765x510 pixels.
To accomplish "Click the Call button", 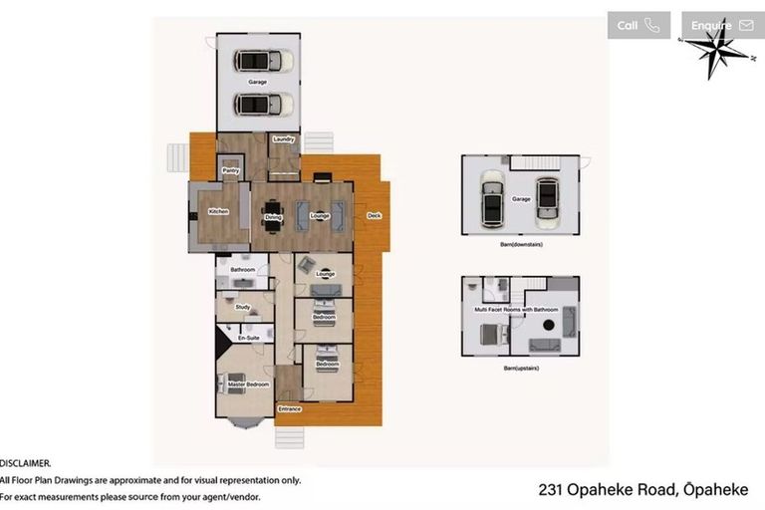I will (637, 26).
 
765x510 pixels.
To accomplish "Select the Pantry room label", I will (230, 170).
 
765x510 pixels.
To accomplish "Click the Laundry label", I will (283, 139).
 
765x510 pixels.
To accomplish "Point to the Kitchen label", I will (218, 212).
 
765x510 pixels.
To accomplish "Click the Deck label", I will (374, 215).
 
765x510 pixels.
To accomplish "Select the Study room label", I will (242, 307).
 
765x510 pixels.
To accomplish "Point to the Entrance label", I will (290, 408).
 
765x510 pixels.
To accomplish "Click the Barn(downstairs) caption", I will (521, 243).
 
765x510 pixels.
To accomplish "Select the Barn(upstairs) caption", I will (521, 368).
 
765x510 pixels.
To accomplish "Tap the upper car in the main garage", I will (265, 59).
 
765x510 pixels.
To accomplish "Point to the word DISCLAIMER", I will (26, 463).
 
